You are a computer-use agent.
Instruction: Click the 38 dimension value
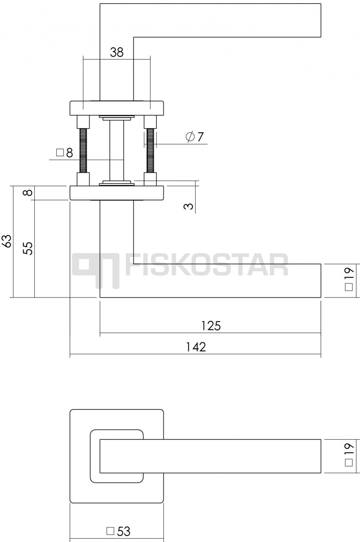point(117,52)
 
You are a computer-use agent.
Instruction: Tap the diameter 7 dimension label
point(194,137)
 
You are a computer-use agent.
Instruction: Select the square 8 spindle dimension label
point(64,153)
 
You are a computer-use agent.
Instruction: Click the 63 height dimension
point(8,241)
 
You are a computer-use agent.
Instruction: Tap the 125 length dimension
point(211,326)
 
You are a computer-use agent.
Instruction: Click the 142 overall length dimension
point(196,347)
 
